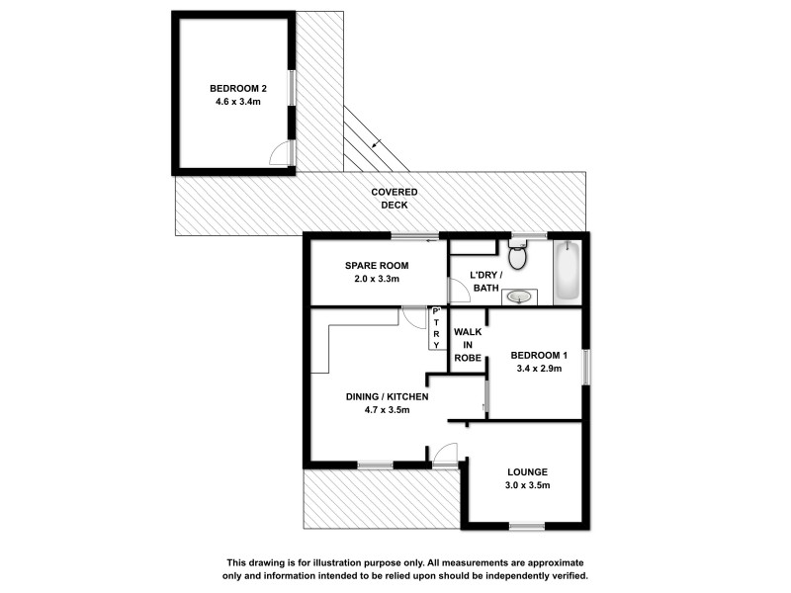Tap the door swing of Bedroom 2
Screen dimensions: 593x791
283,152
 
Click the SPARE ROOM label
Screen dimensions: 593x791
377,266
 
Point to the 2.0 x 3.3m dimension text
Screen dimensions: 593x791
377,280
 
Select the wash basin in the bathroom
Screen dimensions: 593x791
518,296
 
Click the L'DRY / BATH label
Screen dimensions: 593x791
484,281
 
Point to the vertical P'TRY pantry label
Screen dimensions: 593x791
435,328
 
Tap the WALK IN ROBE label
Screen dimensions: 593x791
467,345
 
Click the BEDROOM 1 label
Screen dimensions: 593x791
539,356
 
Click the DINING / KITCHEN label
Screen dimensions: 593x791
387,396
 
